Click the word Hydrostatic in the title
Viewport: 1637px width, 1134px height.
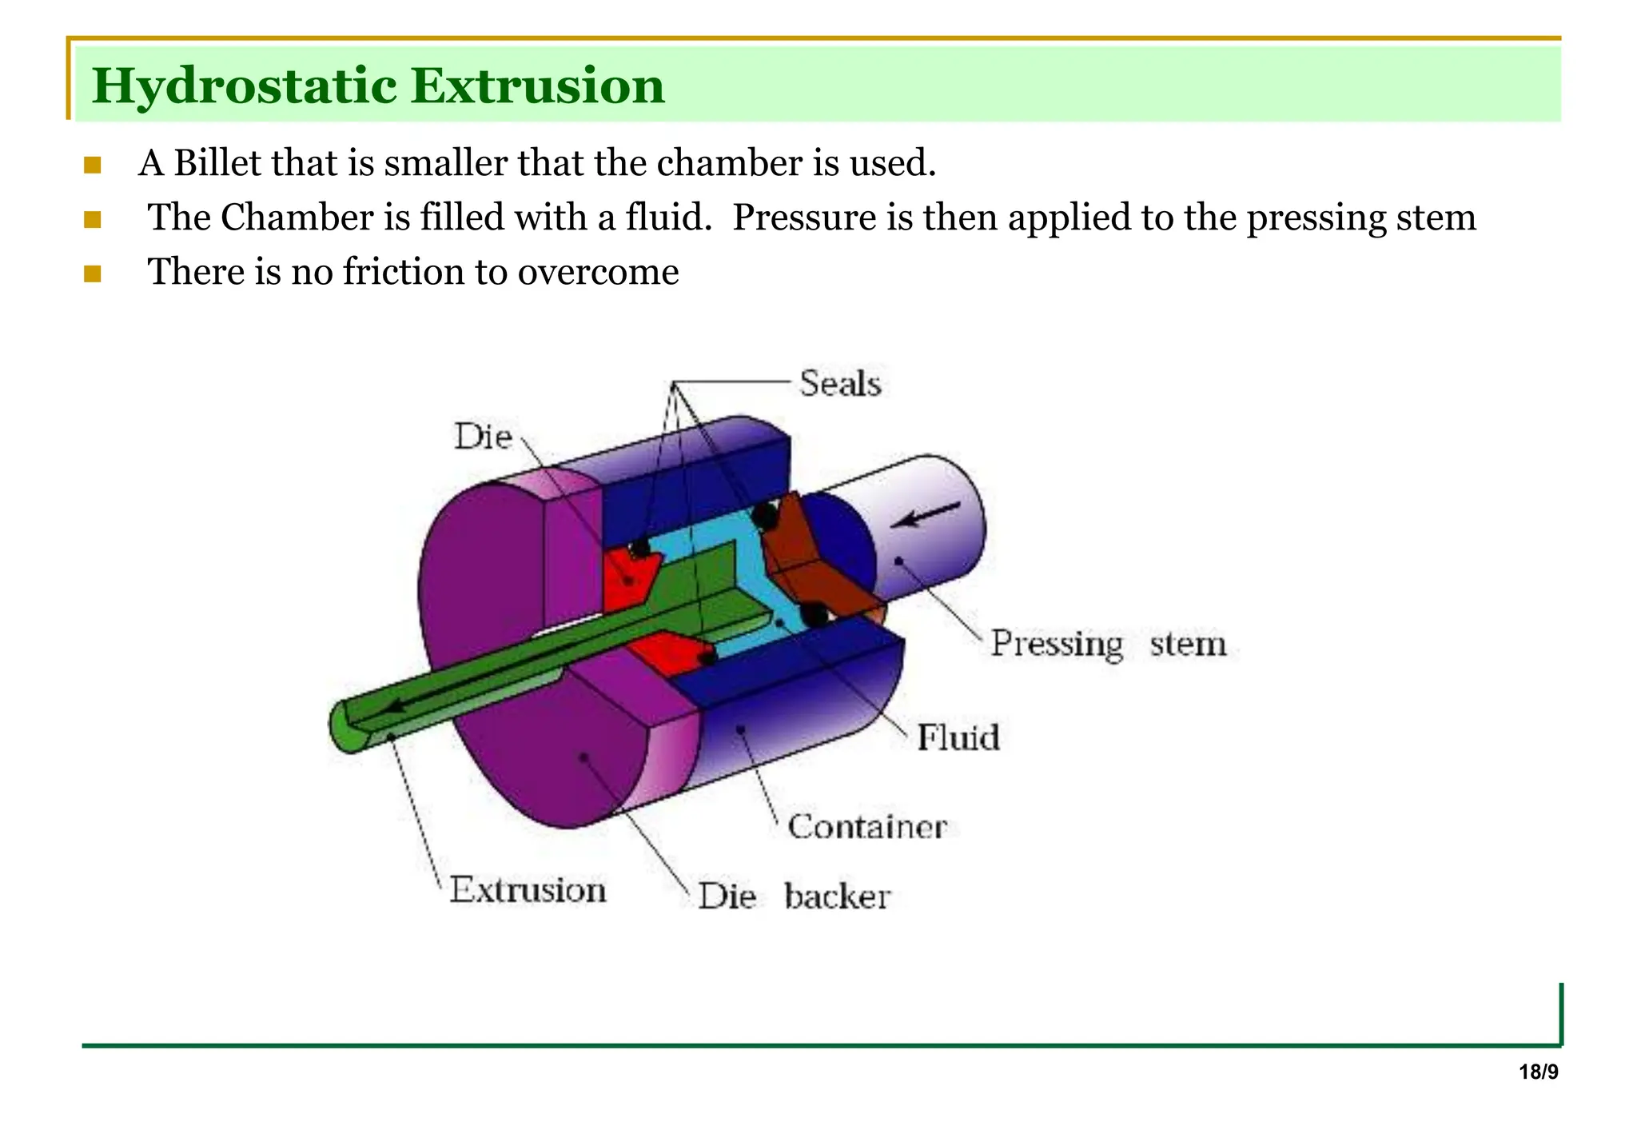click(245, 86)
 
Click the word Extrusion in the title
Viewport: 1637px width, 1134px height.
click(537, 86)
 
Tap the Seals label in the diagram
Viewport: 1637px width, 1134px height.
click(839, 384)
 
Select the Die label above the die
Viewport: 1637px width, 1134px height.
click(483, 437)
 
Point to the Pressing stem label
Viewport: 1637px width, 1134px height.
click(1108, 643)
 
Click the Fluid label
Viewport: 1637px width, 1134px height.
click(958, 737)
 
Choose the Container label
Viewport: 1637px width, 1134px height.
click(867, 826)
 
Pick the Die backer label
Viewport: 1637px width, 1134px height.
click(794, 896)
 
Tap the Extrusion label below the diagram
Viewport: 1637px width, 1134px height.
click(528, 890)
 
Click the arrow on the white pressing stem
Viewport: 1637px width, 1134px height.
click(926, 514)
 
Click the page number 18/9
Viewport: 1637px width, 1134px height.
click(1538, 1072)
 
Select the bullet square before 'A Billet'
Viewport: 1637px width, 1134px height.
click(92, 166)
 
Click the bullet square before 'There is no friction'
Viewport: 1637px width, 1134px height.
click(92, 274)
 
